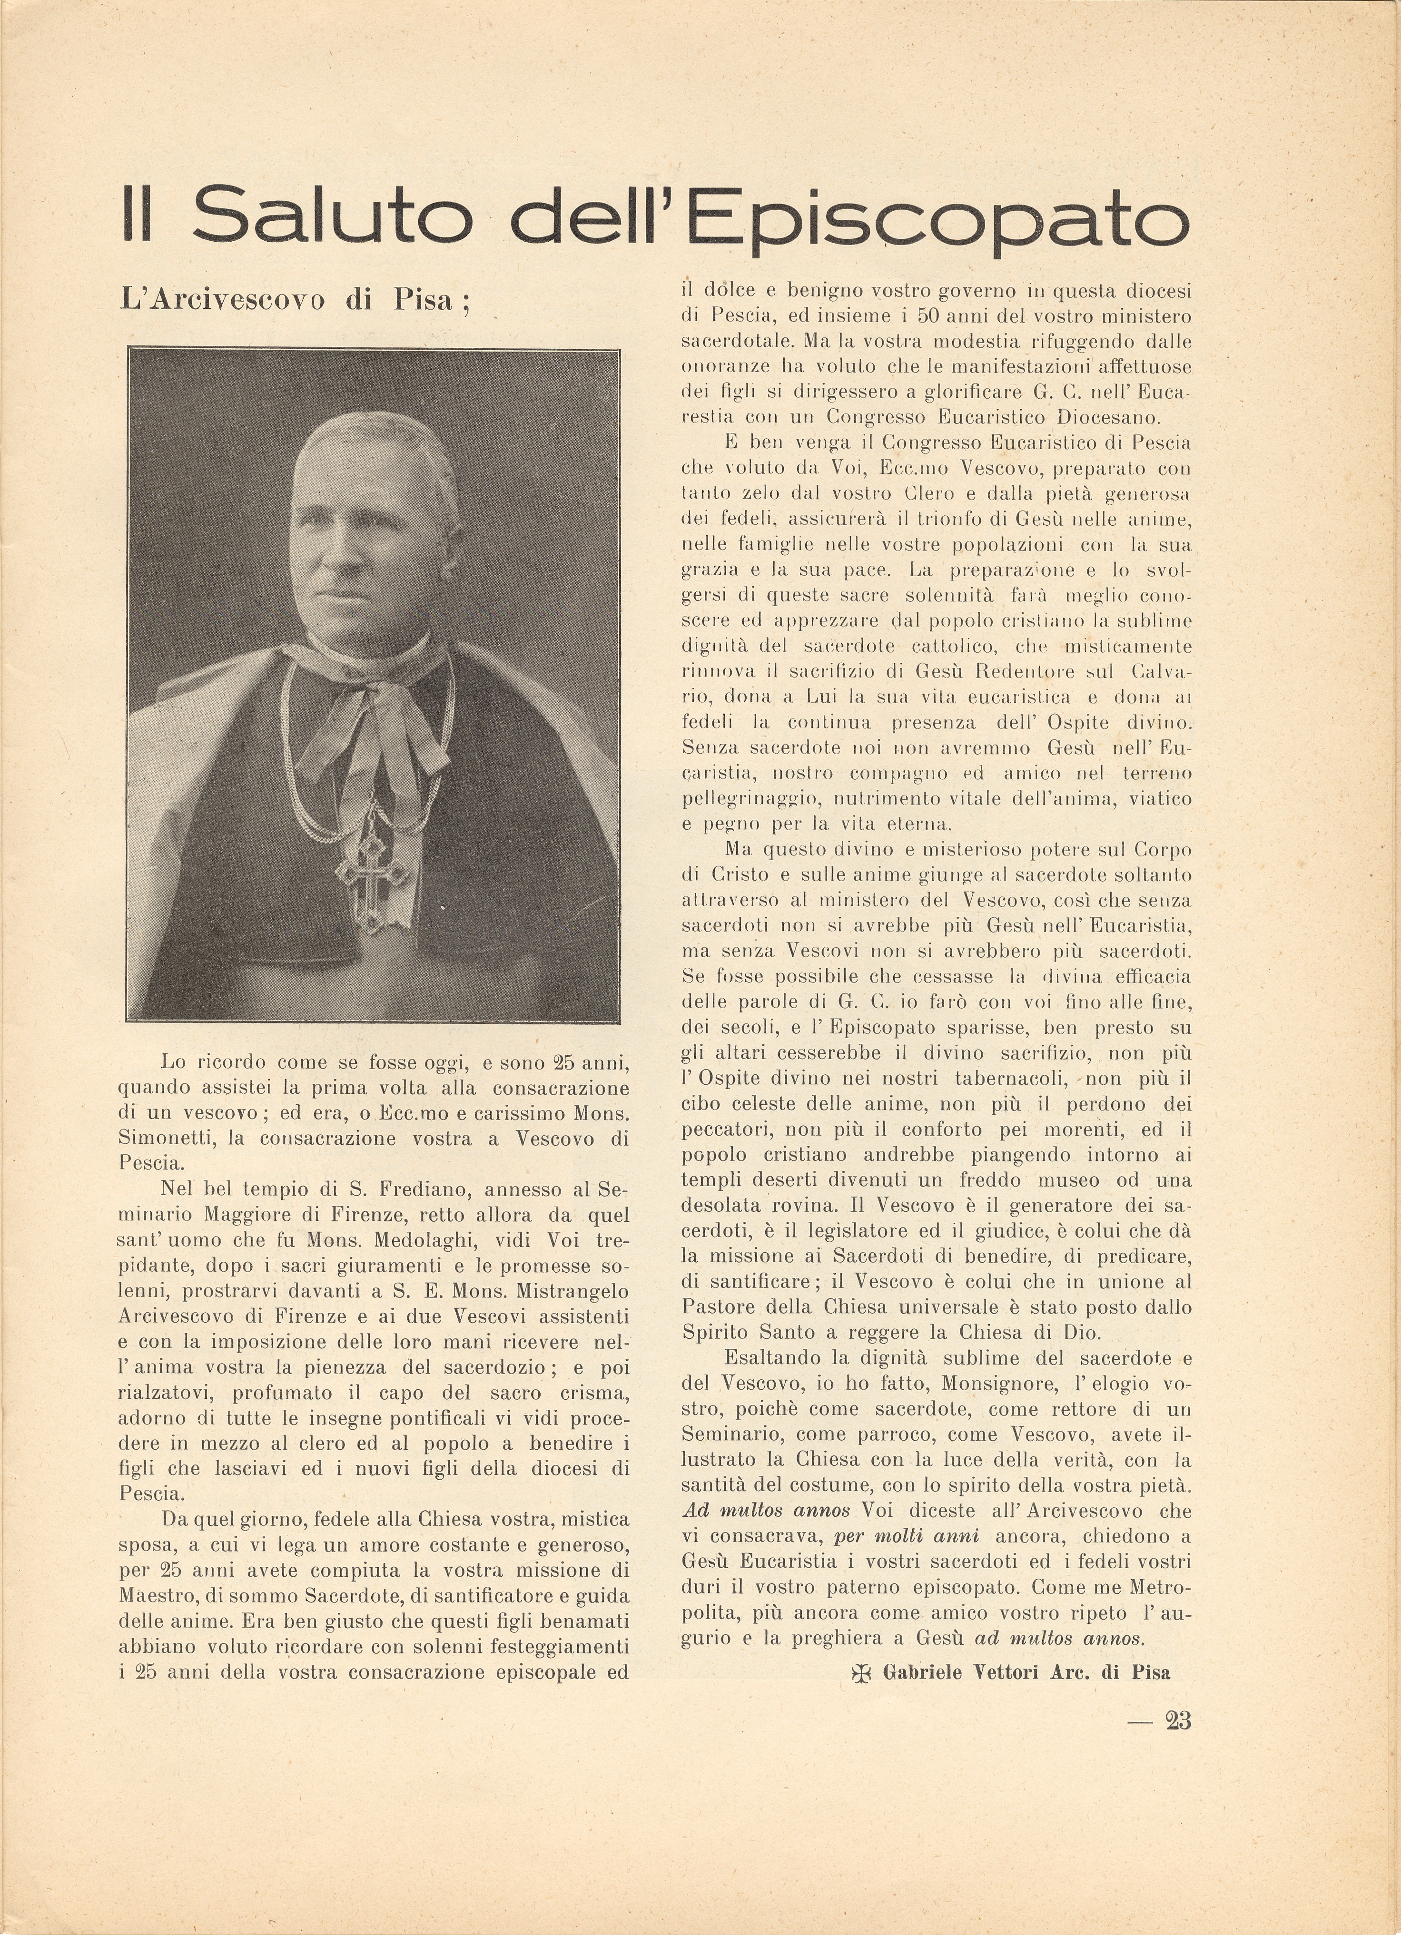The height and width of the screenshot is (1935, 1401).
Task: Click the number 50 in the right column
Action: pyautogui.click(x=930, y=315)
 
